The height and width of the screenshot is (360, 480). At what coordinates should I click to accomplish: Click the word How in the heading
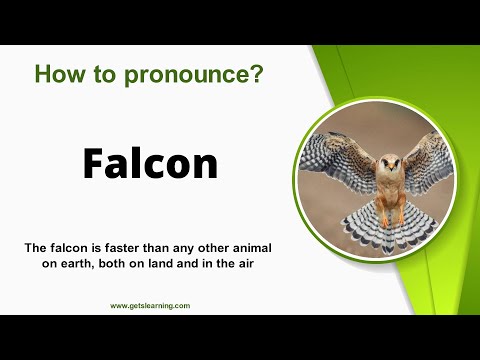click(x=55, y=73)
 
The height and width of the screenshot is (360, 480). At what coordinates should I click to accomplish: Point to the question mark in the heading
click(x=257, y=73)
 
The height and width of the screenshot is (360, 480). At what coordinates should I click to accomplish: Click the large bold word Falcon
click(x=150, y=163)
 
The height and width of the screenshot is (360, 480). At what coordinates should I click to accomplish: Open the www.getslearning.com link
click(x=150, y=305)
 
